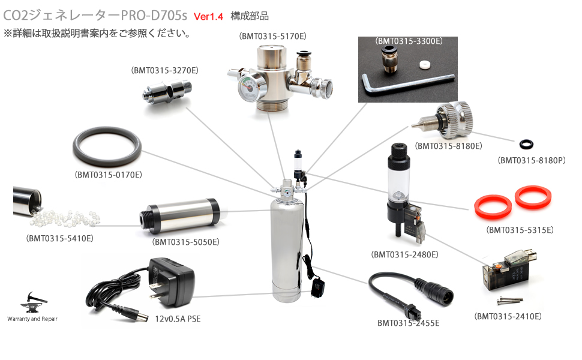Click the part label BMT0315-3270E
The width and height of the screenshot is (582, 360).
point(164,70)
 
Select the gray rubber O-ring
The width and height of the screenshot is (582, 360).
point(107,149)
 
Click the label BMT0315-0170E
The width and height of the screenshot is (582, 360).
point(108,175)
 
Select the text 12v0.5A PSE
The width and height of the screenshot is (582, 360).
point(178,319)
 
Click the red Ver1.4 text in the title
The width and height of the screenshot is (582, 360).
point(208,17)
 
